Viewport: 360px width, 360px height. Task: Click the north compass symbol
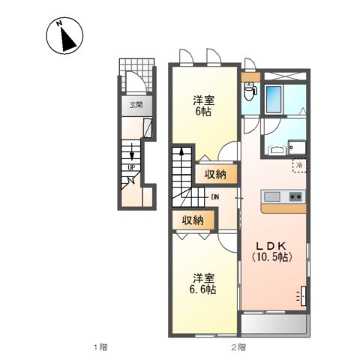pyautogui.click(x=64, y=35)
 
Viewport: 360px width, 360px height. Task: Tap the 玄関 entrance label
pyautogui.click(x=136, y=105)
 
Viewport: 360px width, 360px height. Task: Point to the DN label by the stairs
pyautogui.click(x=215, y=197)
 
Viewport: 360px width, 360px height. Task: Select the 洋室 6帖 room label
pyautogui.click(x=203, y=106)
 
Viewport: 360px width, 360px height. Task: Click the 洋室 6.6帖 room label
pyautogui.click(x=202, y=283)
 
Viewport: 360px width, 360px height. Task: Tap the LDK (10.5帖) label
pyautogui.click(x=272, y=252)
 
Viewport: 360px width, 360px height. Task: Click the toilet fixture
pyautogui.click(x=250, y=91)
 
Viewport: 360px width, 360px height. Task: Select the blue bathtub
pyautogui.click(x=274, y=99)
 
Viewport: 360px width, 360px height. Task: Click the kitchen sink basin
pyautogui.click(x=272, y=196)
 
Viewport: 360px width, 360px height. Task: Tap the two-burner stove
pyautogui.click(x=295, y=196)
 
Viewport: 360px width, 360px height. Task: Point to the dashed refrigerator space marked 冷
pyautogui.click(x=299, y=165)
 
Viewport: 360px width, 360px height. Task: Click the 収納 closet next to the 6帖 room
pyautogui.click(x=215, y=174)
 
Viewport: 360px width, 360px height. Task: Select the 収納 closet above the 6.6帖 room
pyautogui.click(x=193, y=220)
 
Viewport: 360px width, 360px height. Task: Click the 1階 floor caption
pyautogui.click(x=100, y=347)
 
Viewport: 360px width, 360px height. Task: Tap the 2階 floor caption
pyautogui.click(x=238, y=347)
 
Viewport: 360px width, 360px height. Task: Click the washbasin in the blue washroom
pyautogui.click(x=277, y=150)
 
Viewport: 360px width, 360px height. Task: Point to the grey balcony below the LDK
pyautogui.click(x=274, y=324)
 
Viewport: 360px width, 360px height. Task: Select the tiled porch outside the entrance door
pyautogui.click(x=136, y=75)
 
